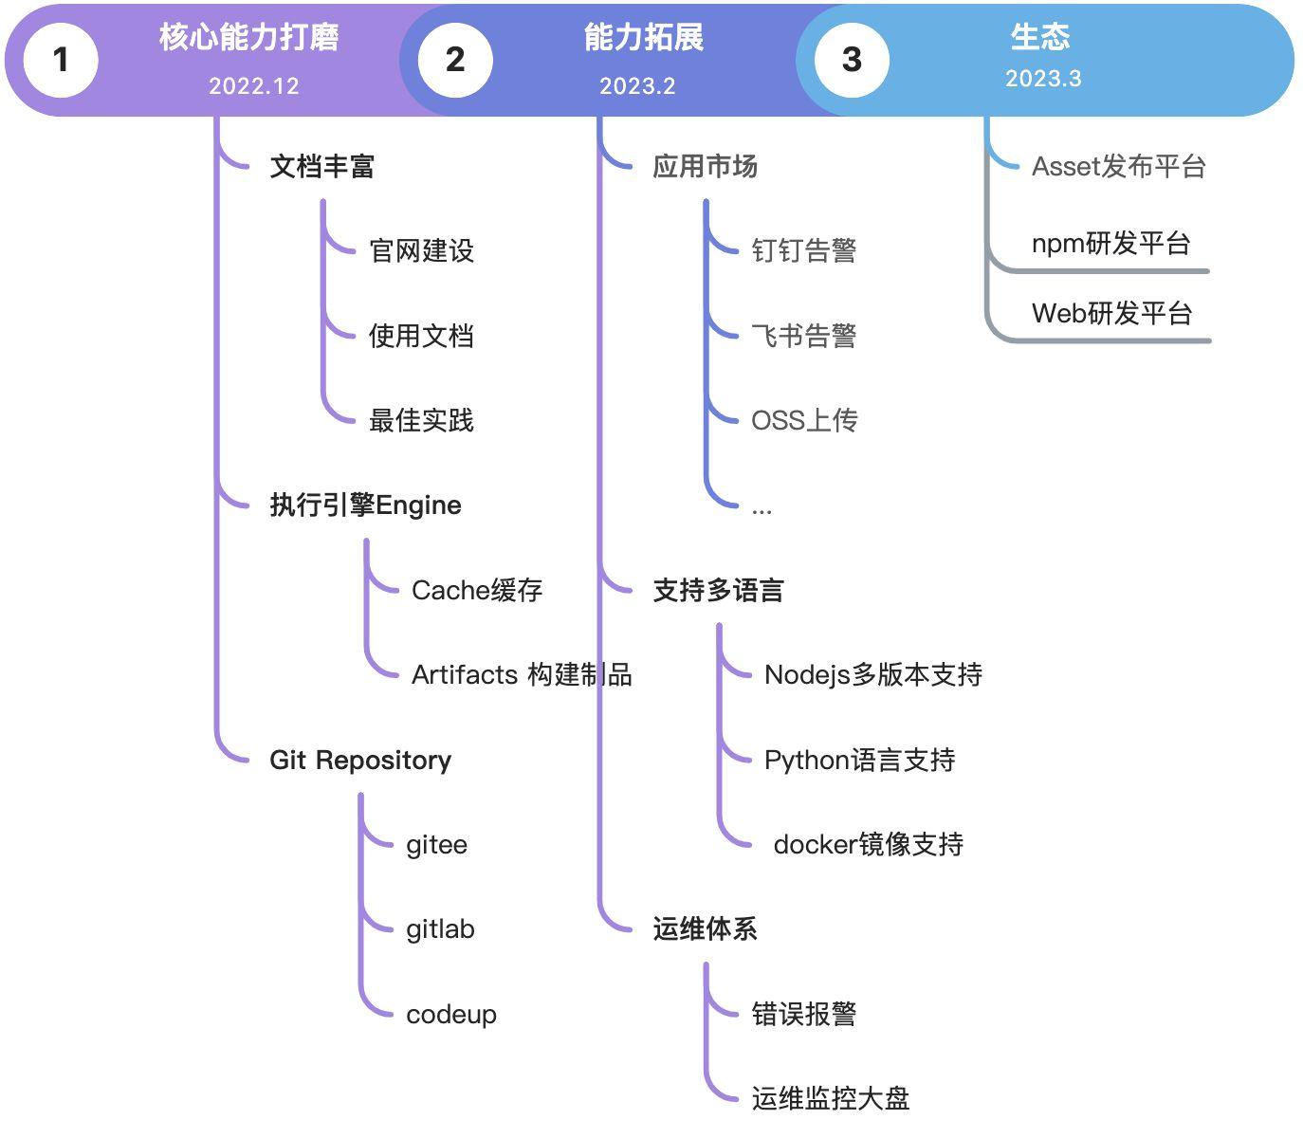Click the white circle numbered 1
pyautogui.click(x=61, y=60)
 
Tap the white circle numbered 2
pyautogui.click(x=455, y=60)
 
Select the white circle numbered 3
pyautogui.click(x=852, y=60)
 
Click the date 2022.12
pyautogui.click(x=253, y=86)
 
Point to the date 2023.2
pyautogui.click(x=637, y=86)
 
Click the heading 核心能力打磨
pyautogui.click(x=249, y=37)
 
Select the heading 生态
pyautogui.click(x=1040, y=37)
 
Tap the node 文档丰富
pyautogui.click(x=322, y=167)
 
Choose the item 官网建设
pyautogui.click(x=421, y=251)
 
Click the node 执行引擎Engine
pyautogui.click(x=365, y=505)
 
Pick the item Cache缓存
pyautogui.click(x=477, y=590)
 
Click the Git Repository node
pyautogui.click(x=360, y=760)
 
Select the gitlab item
pyautogui.click(x=440, y=929)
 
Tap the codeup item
pyautogui.click(x=451, y=1014)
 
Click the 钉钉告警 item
pyautogui.click(x=804, y=251)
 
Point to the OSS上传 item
pyautogui.click(x=804, y=420)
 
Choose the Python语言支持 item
pyautogui.click(x=859, y=760)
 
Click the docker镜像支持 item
pyautogui.click(x=869, y=844)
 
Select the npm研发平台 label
pyautogui.click(x=1110, y=244)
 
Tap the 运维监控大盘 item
pyautogui.click(x=831, y=1098)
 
